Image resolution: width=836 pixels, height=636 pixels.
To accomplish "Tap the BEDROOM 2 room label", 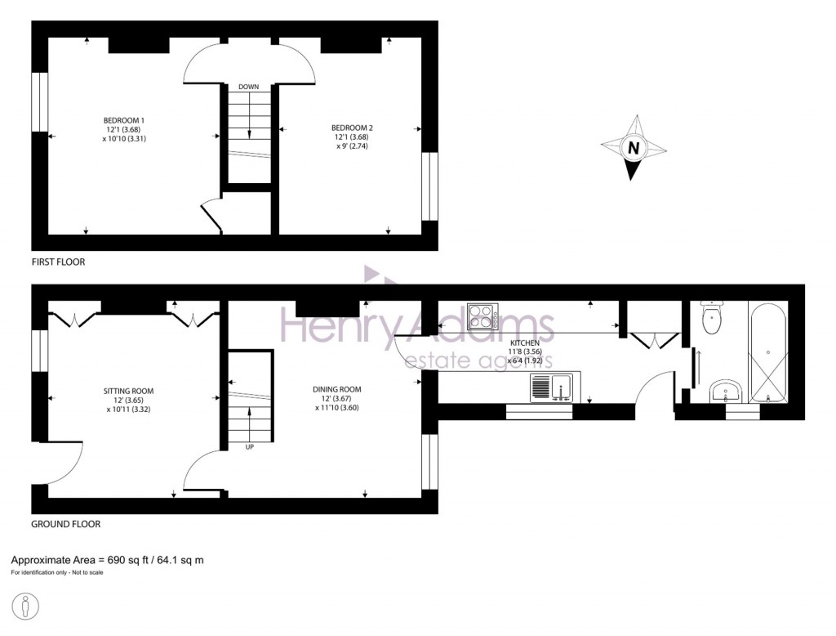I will [352, 128].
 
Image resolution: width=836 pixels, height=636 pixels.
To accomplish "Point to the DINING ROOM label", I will [337, 389].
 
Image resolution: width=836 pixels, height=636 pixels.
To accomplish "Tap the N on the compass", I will [632, 149].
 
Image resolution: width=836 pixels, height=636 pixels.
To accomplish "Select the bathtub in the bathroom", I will [768, 352].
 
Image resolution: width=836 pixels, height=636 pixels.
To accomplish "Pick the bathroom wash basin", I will [723, 392].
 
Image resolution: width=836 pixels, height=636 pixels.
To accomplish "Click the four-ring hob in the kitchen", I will [483, 316].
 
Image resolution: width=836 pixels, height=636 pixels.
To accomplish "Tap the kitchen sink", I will [554, 387].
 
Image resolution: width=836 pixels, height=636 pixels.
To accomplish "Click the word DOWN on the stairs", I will [249, 86].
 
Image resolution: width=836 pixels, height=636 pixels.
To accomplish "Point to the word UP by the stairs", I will [249, 446].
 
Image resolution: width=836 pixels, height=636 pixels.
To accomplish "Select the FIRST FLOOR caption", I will [58, 262].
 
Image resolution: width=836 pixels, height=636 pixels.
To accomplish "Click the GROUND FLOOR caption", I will [65, 524].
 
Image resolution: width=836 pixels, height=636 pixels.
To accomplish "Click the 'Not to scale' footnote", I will [85, 572].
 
